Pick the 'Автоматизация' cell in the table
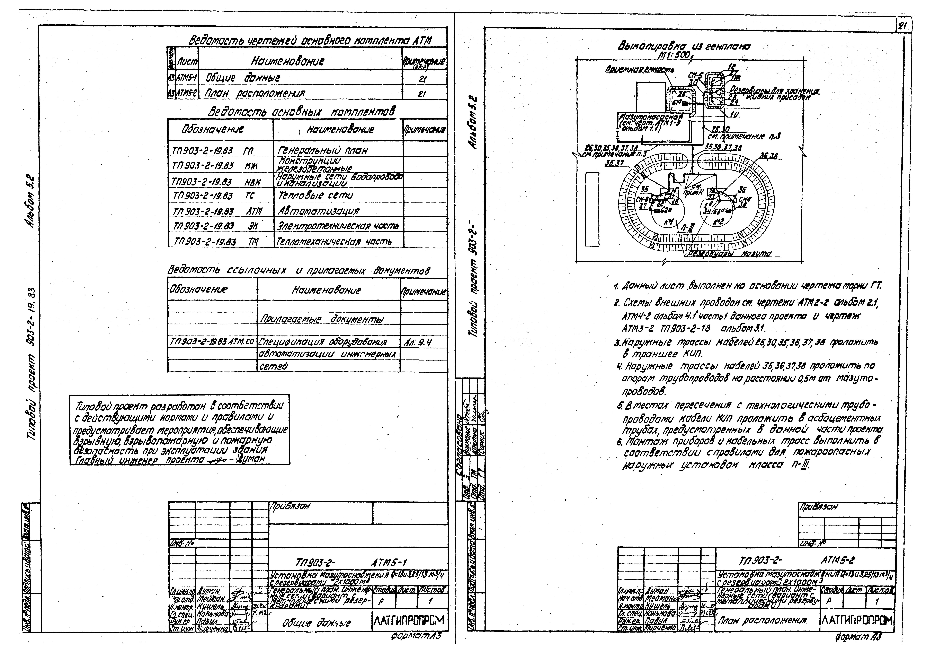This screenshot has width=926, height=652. point(319,211)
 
